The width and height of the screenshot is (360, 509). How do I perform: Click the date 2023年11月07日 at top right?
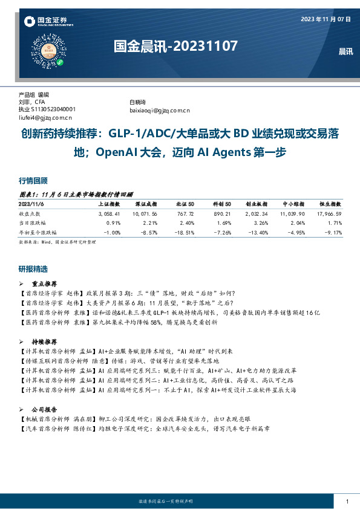click(x=326, y=19)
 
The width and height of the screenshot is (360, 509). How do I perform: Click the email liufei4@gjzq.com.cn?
click(x=46, y=118)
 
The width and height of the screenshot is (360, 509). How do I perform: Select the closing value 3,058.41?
click(x=110, y=214)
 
